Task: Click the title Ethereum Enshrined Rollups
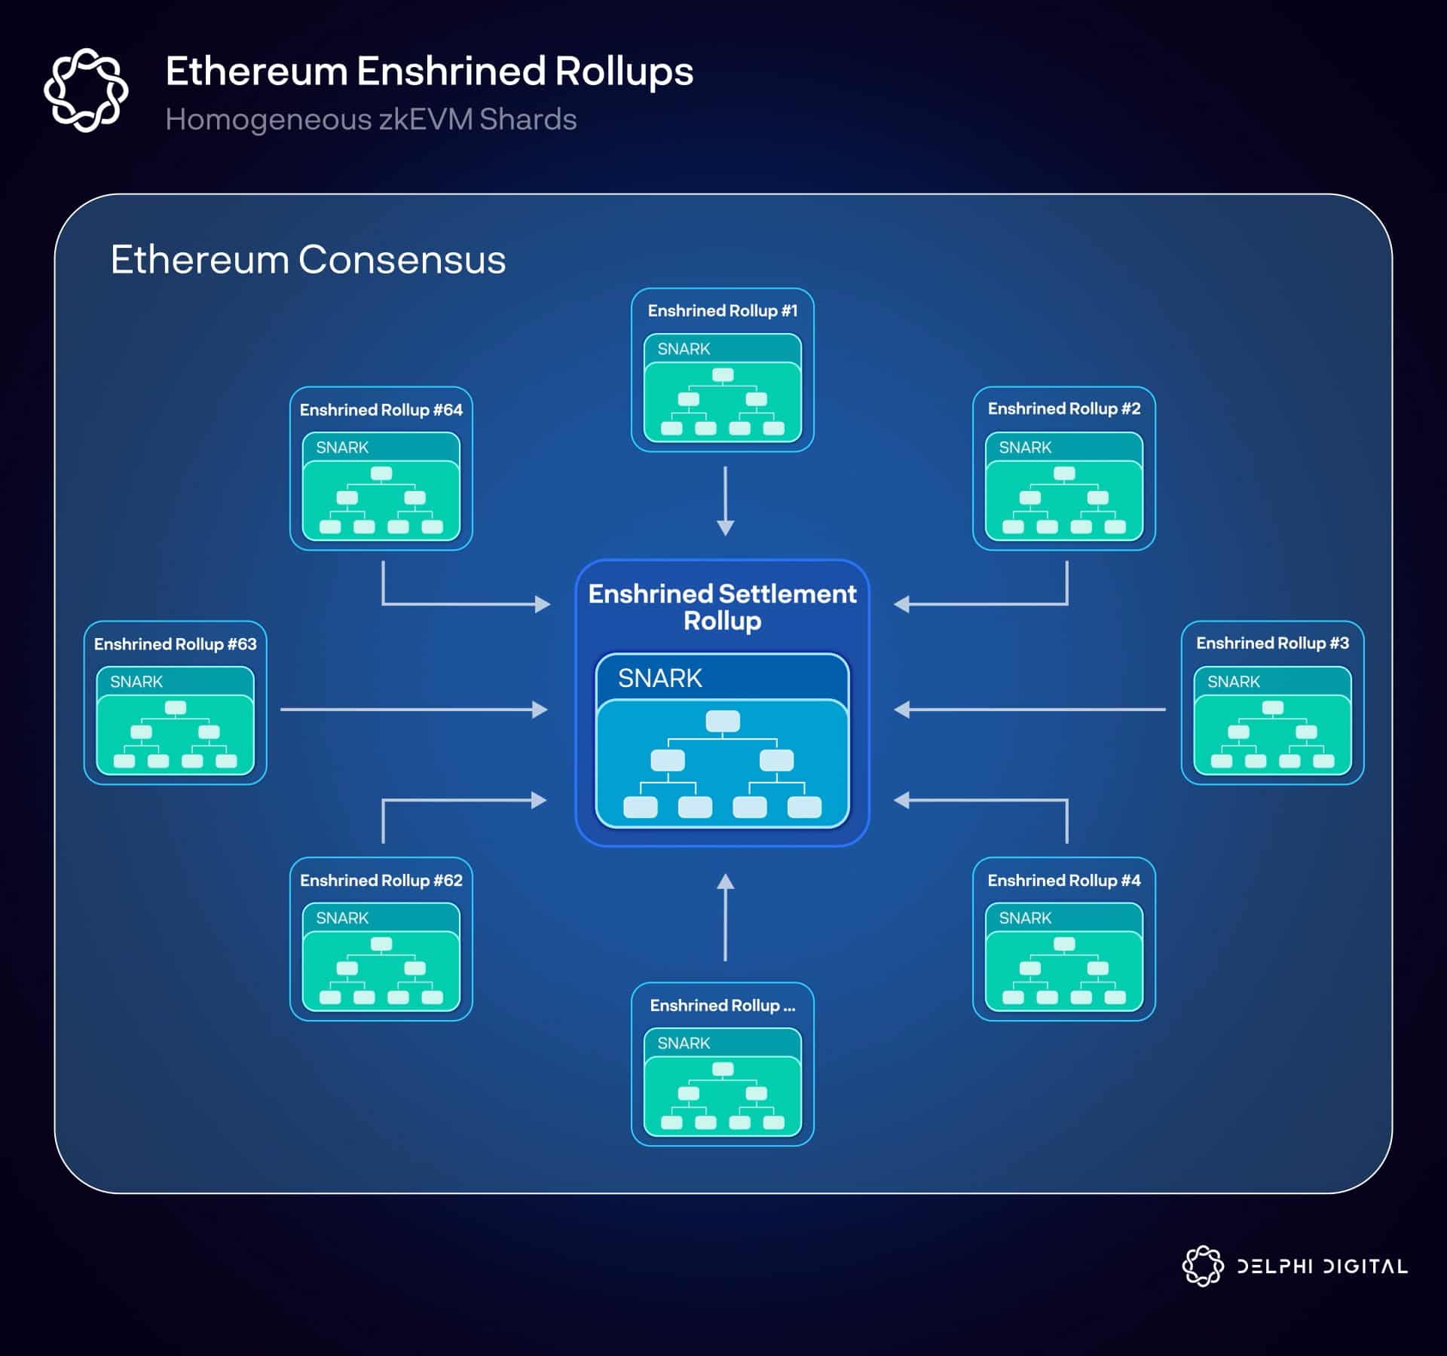pos(429,72)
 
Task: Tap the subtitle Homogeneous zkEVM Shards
pos(371,120)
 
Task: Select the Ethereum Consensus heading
pos(307,260)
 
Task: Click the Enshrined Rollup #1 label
pos(722,310)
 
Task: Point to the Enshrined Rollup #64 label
pos(381,410)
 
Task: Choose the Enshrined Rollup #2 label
pos(1063,408)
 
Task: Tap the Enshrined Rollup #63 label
pos(175,644)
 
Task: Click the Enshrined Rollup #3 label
pos(1272,643)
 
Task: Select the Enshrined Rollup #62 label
pos(381,880)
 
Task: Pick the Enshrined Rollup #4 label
pos(1063,880)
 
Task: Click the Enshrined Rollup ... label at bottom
pos(722,1005)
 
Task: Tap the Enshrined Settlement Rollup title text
pos(722,607)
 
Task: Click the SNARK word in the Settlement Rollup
pos(659,679)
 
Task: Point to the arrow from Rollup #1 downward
pos(725,501)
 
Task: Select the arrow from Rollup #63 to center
pos(413,710)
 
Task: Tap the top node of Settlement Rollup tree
pos(722,722)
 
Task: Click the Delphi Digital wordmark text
pos(1322,1266)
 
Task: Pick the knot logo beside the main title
pos(86,90)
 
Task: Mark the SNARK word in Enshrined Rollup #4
pos(1025,918)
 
